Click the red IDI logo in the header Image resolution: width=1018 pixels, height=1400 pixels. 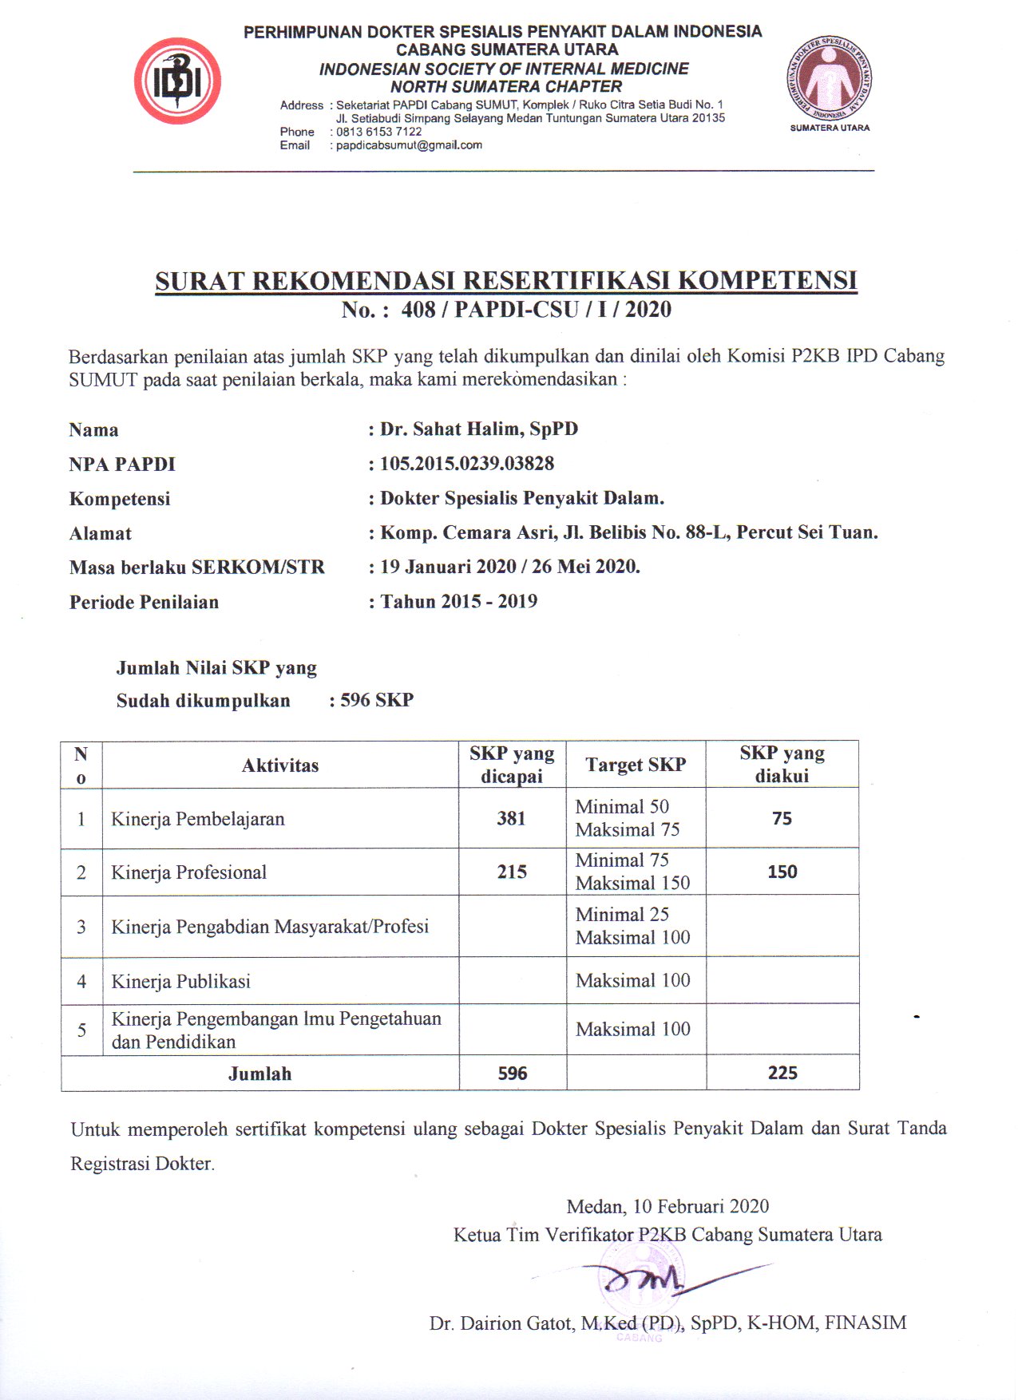click(177, 81)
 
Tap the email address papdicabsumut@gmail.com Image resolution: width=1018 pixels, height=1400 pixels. click(409, 145)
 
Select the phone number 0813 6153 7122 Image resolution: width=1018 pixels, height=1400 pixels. click(378, 132)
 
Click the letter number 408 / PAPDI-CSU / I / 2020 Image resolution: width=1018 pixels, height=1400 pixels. click(536, 310)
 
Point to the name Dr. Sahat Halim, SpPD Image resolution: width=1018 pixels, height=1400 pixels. click(478, 429)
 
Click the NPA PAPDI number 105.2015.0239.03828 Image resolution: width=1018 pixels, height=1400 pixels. click(467, 464)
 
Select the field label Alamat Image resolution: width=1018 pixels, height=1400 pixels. click(101, 533)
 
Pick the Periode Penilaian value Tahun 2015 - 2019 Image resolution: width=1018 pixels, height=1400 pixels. click(458, 602)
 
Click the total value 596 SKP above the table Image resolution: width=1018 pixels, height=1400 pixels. click(377, 701)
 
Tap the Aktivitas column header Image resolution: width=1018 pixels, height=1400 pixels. click(280, 765)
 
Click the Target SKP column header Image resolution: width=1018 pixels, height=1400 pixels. click(636, 765)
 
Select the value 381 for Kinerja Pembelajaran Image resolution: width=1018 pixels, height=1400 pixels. click(511, 818)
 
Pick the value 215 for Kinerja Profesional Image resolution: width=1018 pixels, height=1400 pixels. click(512, 872)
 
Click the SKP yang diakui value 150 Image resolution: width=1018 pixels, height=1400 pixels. click(782, 872)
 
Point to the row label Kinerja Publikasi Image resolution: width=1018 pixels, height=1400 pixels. click(181, 981)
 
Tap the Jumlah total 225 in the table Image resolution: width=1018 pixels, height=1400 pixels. click(782, 1073)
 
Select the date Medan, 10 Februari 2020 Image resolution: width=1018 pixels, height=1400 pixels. click(667, 1206)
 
